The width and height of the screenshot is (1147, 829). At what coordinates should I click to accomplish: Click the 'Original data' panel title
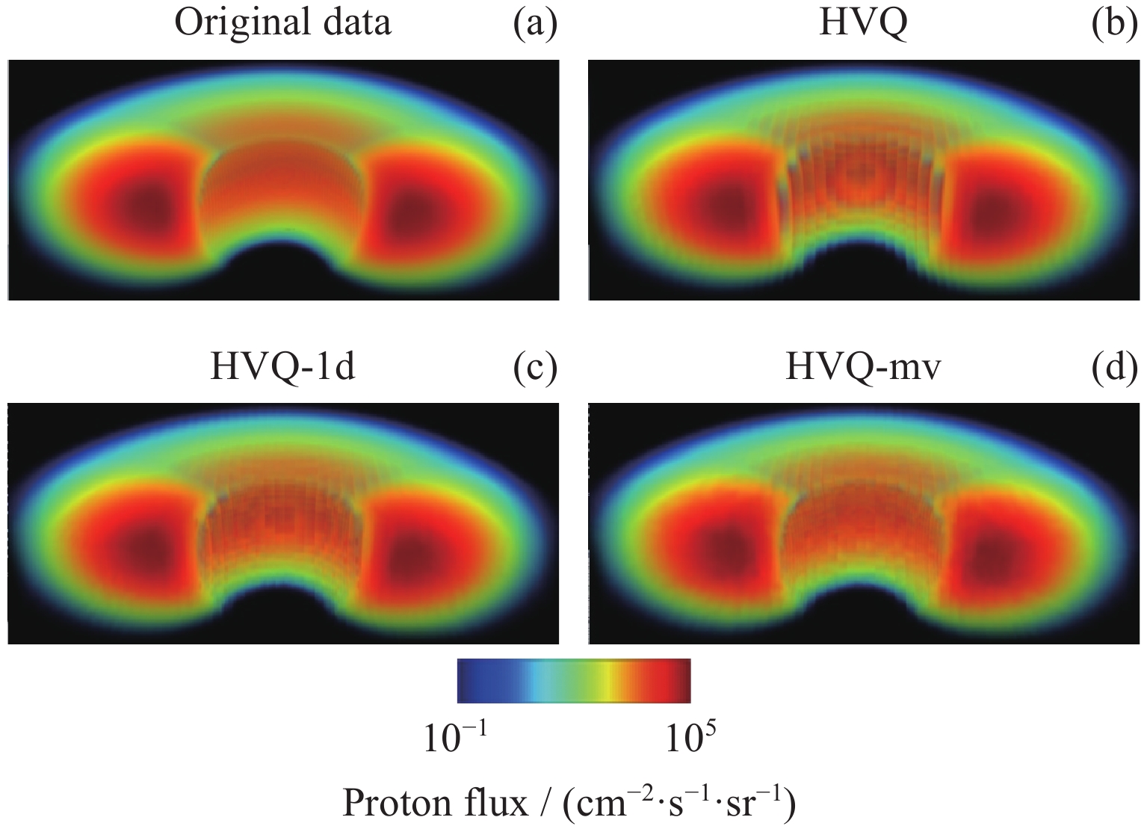282,22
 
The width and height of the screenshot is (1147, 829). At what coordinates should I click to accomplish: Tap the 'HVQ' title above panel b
863,22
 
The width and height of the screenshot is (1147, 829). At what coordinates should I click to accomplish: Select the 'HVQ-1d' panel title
282,368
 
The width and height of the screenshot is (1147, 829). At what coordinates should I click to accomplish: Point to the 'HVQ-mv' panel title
863,368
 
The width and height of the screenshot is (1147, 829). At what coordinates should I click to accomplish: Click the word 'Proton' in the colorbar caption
394,804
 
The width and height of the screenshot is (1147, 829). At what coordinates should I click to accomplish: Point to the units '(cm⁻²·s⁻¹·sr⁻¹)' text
678,804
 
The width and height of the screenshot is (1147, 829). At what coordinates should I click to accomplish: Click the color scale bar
573,681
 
